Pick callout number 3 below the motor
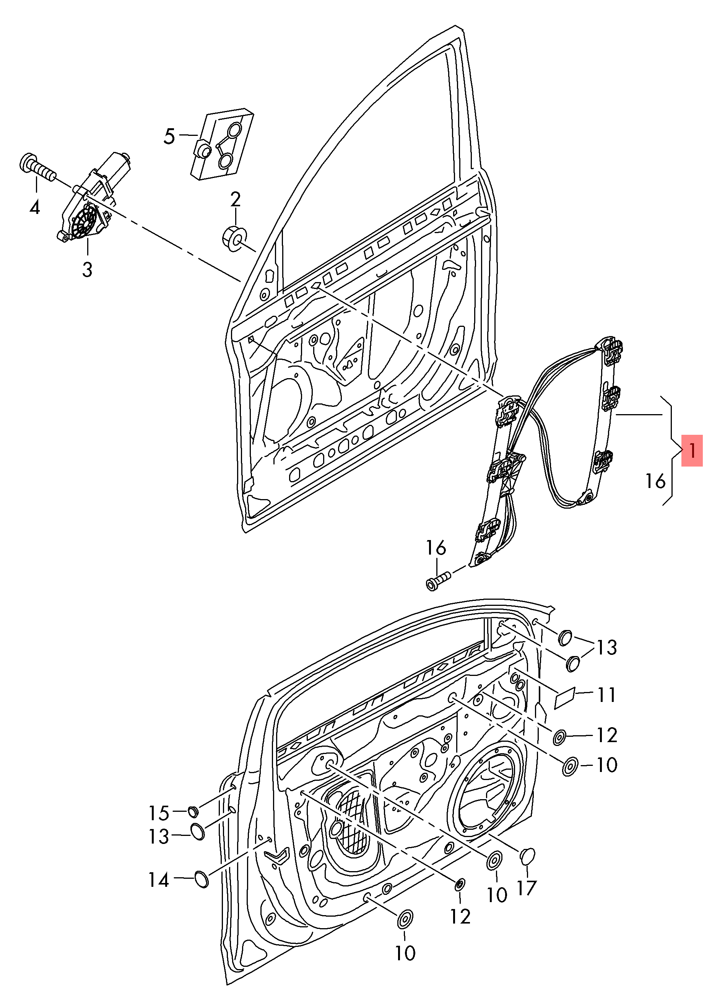(x=87, y=269)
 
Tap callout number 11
(x=606, y=695)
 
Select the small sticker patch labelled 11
(x=565, y=699)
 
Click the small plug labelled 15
(x=193, y=811)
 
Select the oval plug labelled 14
(x=201, y=879)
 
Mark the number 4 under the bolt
(x=35, y=207)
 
